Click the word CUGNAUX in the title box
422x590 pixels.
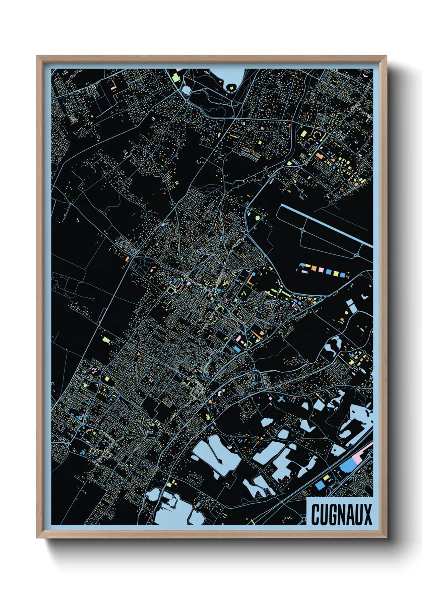coord(341,514)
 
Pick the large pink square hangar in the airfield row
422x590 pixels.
coord(322,271)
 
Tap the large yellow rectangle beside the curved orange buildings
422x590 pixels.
coord(304,133)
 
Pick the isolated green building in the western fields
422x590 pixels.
coord(106,340)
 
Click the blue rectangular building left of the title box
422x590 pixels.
coord(319,485)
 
